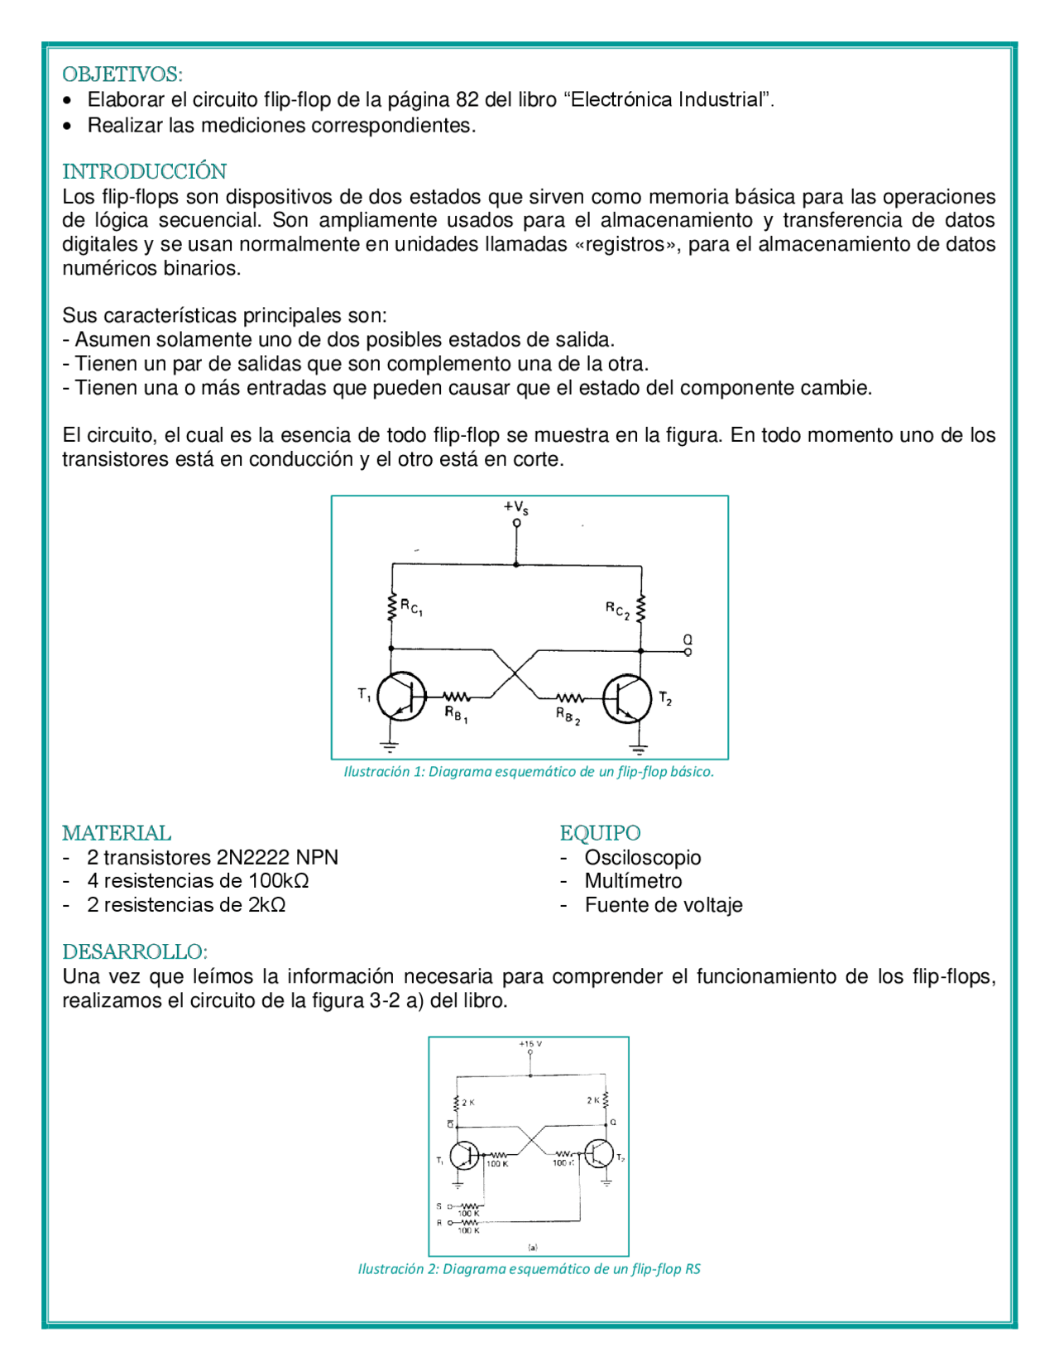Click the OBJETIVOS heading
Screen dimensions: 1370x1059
click(x=122, y=74)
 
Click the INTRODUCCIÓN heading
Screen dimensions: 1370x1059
click(x=144, y=171)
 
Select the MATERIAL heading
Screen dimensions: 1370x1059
click(x=117, y=833)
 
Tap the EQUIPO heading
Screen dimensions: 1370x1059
click(x=600, y=833)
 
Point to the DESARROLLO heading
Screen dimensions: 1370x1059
click(x=135, y=951)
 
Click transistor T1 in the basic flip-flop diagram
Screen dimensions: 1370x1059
click(x=401, y=697)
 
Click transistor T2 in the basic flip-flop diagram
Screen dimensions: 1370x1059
click(x=627, y=698)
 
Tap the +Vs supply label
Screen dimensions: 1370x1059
click(x=515, y=507)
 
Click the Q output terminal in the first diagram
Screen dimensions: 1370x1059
click(x=688, y=652)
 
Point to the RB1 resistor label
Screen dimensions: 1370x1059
click(x=456, y=714)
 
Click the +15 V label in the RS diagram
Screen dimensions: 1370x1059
click(x=530, y=1044)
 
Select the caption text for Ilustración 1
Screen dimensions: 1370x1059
click(x=529, y=772)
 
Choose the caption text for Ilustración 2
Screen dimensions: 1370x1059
click(x=529, y=1269)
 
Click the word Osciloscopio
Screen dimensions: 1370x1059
click(x=642, y=858)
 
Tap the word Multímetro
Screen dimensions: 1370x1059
click(x=633, y=881)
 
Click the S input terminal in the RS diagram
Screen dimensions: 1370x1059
click(x=449, y=1206)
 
